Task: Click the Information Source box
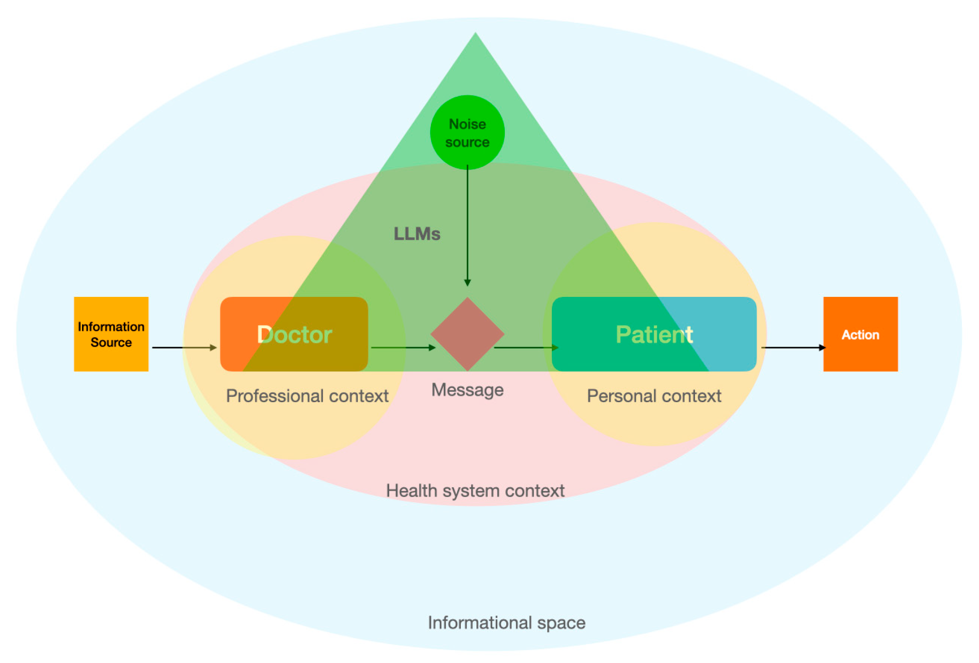point(111,334)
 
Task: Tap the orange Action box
point(860,334)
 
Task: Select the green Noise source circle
point(467,132)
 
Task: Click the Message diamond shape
point(467,334)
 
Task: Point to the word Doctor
point(294,334)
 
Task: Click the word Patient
point(654,334)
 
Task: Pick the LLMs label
point(417,234)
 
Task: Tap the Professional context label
point(307,396)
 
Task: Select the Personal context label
point(654,396)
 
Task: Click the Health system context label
point(475,490)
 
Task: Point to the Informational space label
point(506,622)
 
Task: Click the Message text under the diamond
point(467,390)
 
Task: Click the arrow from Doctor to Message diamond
point(403,348)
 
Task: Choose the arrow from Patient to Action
point(793,348)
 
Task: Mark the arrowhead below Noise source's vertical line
point(467,283)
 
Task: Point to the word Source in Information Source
point(111,342)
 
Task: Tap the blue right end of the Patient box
point(732,334)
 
